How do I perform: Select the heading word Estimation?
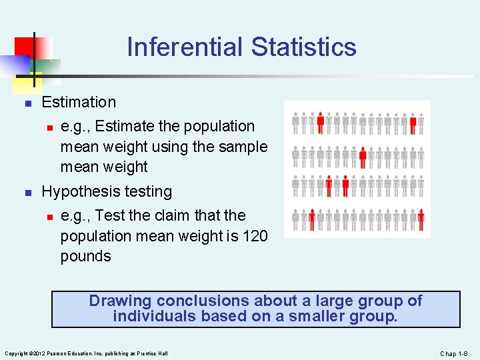[x=79, y=102]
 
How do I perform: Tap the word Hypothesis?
[x=82, y=191]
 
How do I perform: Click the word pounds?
[x=85, y=256]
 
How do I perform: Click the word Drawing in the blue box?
[x=120, y=301]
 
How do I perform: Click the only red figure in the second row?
[x=363, y=157]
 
